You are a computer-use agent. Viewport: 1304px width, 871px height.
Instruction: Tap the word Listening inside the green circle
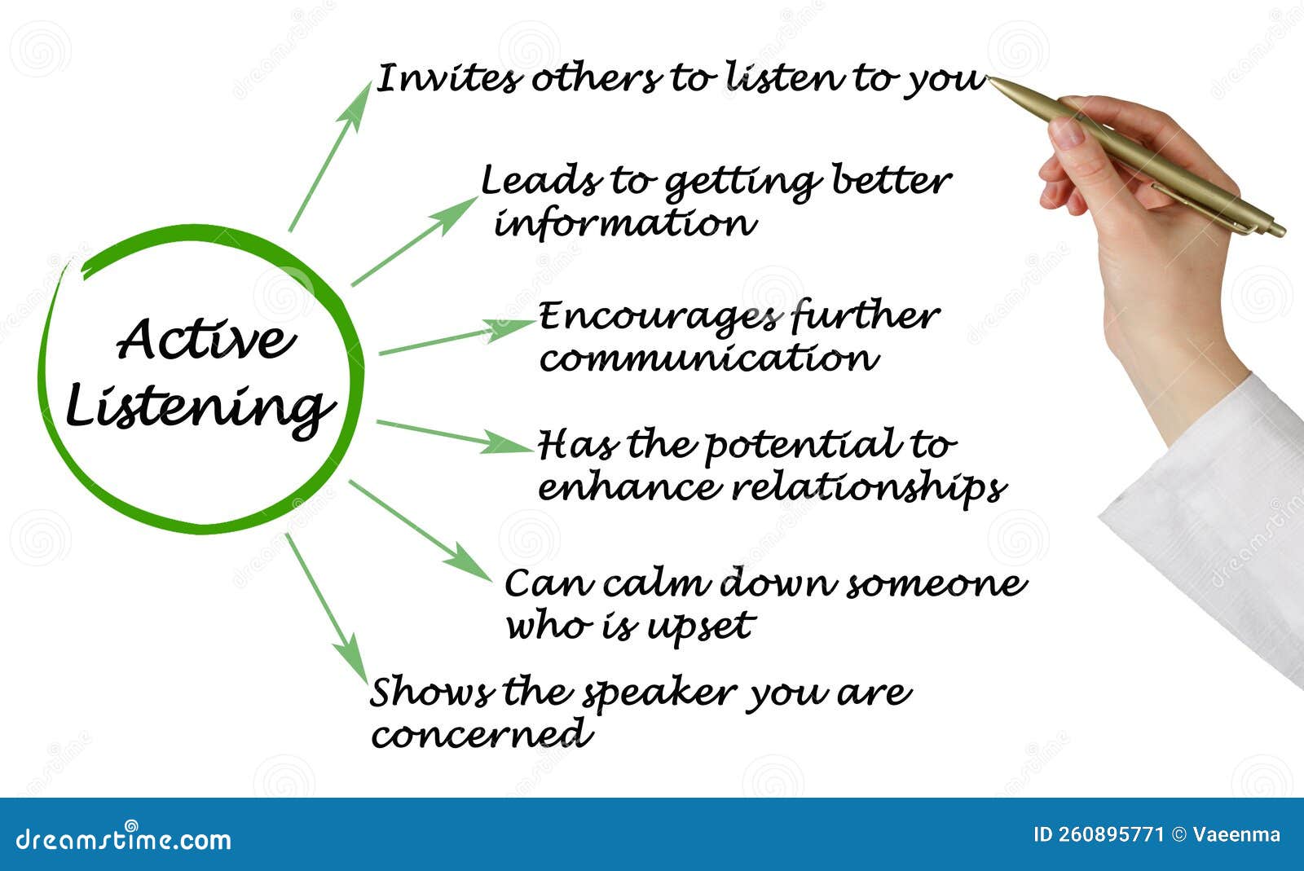click(x=200, y=410)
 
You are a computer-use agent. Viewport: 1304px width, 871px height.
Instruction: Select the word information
click(x=625, y=222)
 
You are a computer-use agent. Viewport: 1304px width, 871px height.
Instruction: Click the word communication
click(x=709, y=357)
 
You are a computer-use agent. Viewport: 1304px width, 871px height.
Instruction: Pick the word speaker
click(x=660, y=694)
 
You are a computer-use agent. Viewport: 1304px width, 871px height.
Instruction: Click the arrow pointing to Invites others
click(x=330, y=157)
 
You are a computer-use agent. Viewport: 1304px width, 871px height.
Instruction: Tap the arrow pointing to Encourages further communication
click(x=457, y=337)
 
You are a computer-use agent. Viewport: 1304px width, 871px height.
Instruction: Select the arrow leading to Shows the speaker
click(x=327, y=608)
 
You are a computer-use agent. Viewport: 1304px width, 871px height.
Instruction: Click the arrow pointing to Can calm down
click(x=421, y=530)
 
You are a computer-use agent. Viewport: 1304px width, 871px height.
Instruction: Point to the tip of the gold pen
click(x=988, y=77)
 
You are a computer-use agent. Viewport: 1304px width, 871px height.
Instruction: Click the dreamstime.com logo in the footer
click(x=123, y=839)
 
